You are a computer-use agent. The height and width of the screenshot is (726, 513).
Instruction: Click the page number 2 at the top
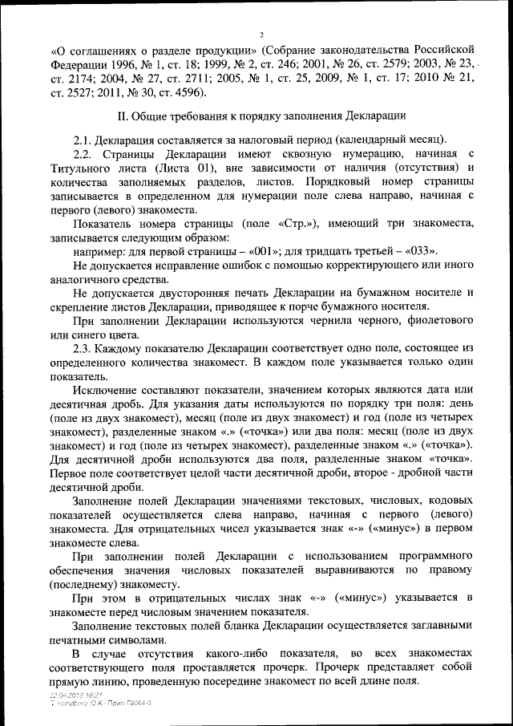[x=261, y=33]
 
